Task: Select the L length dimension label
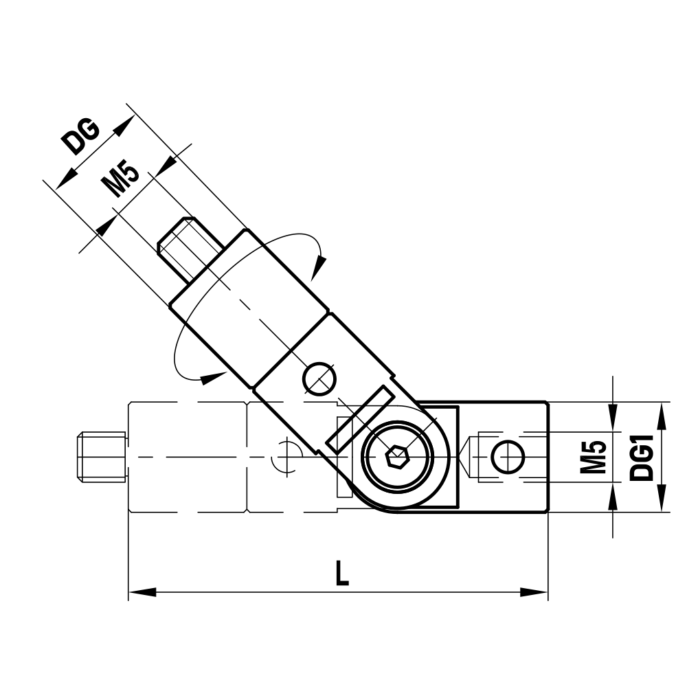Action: pyautogui.click(x=341, y=574)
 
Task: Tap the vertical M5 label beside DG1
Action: pyautogui.click(x=592, y=457)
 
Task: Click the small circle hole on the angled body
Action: pyautogui.click(x=320, y=378)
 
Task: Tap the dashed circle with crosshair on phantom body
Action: pyautogui.click(x=286, y=456)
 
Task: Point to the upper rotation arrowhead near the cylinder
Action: pyautogui.click(x=317, y=267)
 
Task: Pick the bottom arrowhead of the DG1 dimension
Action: pyautogui.click(x=661, y=501)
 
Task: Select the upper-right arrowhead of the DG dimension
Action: pyautogui.click(x=124, y=124)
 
